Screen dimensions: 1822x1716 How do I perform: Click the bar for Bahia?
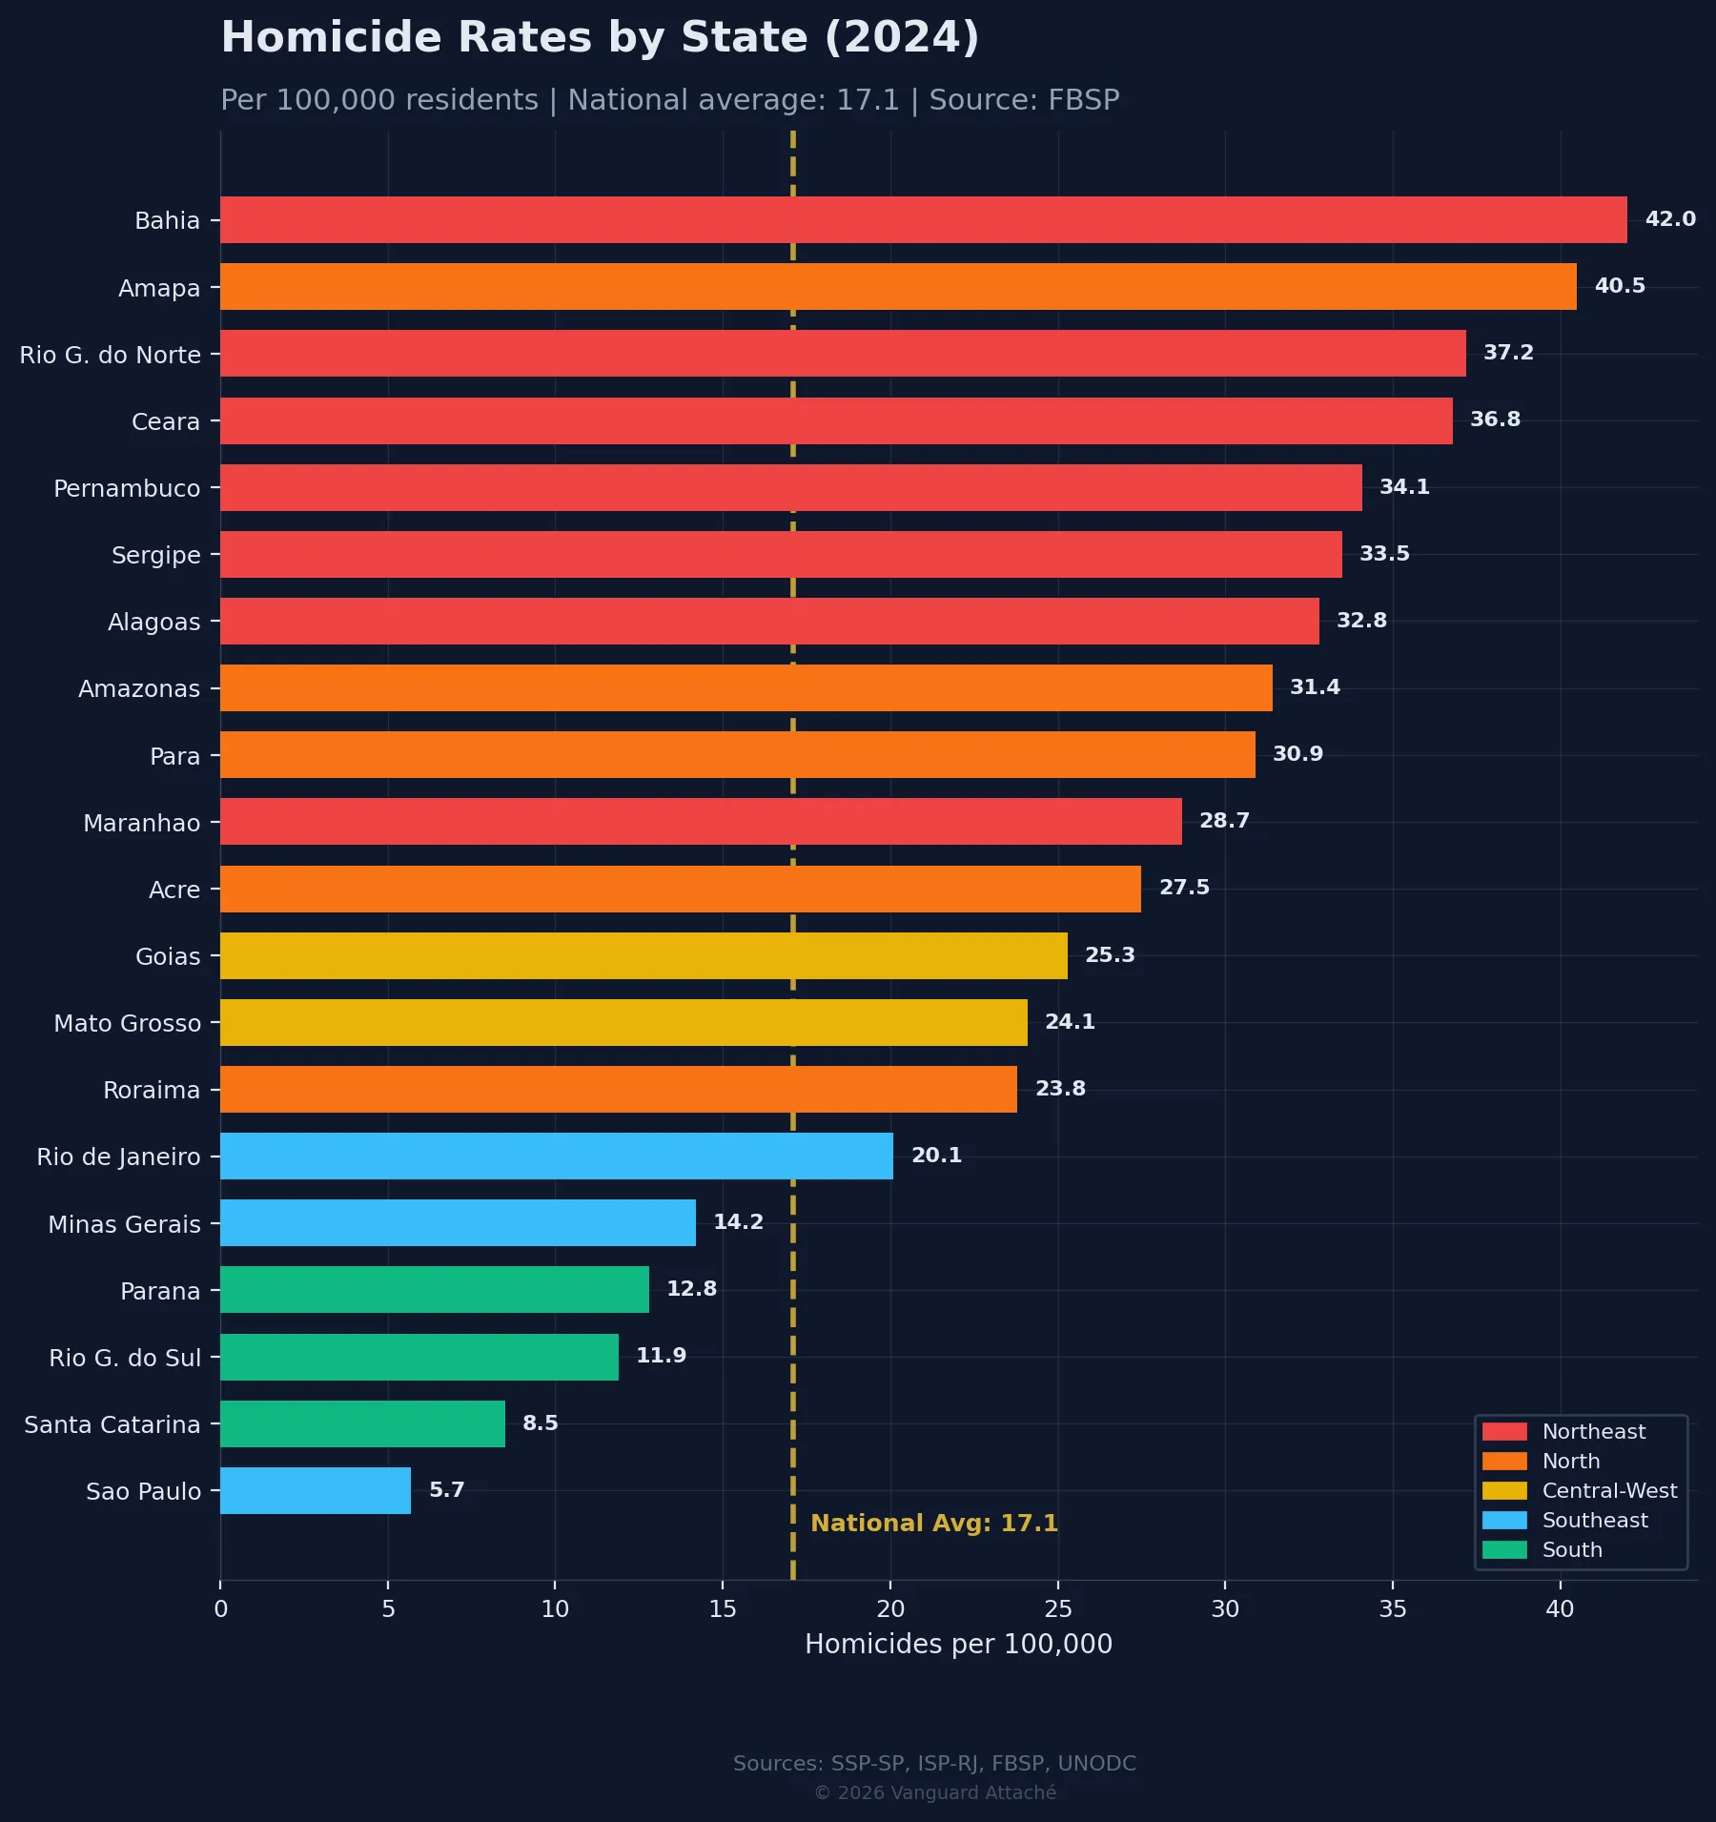click(923, 220)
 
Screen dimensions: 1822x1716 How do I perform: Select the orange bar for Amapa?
click(898, 287)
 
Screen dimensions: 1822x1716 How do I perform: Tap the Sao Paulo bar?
click(316, 1490)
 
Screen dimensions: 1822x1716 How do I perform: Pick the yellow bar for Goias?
click(643, 955)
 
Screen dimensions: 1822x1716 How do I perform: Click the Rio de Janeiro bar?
click(557, 1156)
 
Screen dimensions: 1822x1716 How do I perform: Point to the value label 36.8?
click(1495, 420)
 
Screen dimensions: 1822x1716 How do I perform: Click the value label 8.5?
click(540, 1423)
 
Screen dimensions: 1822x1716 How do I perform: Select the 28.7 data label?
click(1224, 821)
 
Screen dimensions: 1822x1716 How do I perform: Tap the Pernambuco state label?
click(127, 488)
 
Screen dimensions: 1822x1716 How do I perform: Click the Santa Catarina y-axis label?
click(112, 1424)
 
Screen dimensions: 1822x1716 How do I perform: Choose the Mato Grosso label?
click(128, 1023)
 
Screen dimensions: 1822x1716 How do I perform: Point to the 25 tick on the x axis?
click(1057, 1609)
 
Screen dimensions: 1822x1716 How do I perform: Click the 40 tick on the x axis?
click(1560, 1609)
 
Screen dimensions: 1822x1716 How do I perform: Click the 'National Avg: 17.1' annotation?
click(933, 1524)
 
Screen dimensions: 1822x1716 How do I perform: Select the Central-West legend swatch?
click(1504, 1491)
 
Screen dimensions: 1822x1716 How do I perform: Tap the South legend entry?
click(1571, 1550)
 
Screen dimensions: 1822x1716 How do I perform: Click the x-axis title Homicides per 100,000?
click(958, 1645)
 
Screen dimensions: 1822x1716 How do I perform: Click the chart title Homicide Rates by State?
click(600, 38)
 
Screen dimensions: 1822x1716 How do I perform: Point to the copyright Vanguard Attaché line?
click(934, 1793)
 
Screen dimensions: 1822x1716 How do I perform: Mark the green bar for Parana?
click(435, 1289)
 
